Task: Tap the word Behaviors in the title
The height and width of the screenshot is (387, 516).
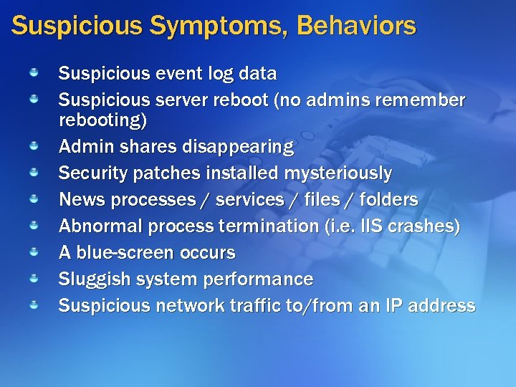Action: point(355,26)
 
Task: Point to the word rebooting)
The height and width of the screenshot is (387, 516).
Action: point(102,120)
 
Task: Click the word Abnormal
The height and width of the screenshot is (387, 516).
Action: point(100,226)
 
